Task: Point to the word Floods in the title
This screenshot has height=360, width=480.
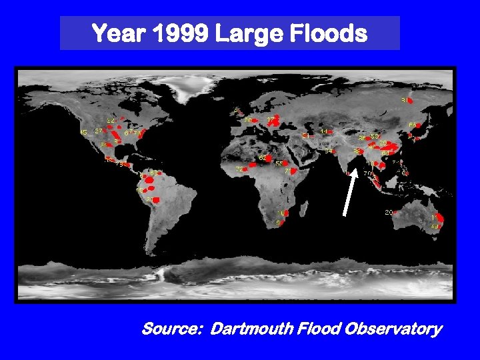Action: pyautogui.click(x=330, y=33)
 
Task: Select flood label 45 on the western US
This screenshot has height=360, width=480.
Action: pyautogui.click(x=83, y=133)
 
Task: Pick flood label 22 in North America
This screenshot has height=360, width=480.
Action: pyautogui.click(x=111, y=120)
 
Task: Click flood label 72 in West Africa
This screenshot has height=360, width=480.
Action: pyautogui.click(x=239, y=169)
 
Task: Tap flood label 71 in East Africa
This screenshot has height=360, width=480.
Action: pyautogui.click(x=288, y=171)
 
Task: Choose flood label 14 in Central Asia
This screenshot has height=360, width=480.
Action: pyautogui.click(x=324, y=132)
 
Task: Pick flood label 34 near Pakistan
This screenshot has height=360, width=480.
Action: pyautogui.click(x=329, y=151)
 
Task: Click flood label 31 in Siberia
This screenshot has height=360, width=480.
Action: pyautogui.click(x=404, y=101)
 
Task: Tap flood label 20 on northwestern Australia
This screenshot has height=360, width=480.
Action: pyautogui.click(x=389, y=212)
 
